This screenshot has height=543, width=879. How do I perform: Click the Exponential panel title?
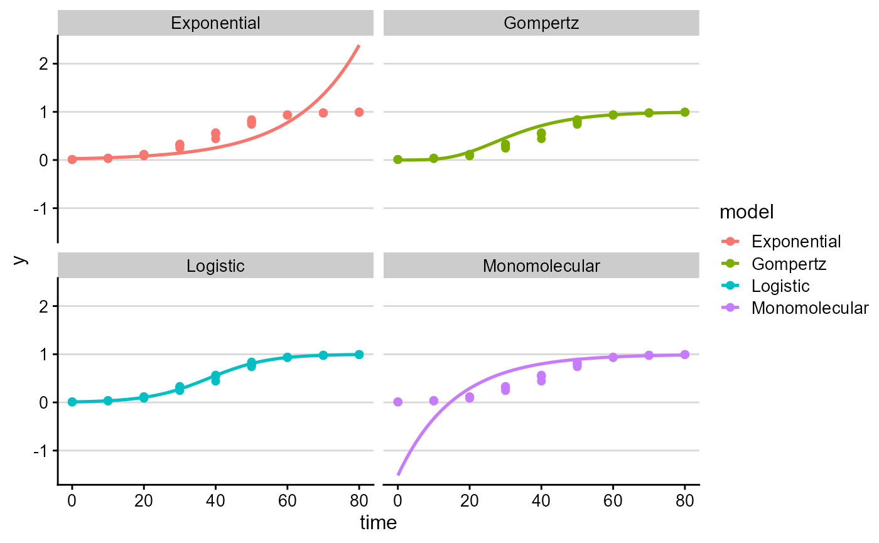215,24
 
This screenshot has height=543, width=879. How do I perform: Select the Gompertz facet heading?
541,24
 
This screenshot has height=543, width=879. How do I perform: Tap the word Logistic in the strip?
215,266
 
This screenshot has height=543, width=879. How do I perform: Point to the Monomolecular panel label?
541,266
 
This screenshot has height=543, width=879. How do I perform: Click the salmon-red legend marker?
730,241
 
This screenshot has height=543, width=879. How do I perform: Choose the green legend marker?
730,263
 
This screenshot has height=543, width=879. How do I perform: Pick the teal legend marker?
730,285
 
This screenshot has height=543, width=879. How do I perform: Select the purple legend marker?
730,308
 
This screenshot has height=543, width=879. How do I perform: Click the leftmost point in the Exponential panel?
72,159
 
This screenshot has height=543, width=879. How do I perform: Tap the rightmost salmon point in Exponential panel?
359,112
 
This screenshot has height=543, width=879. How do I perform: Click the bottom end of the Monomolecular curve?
398,475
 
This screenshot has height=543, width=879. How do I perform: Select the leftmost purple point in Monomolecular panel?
398,402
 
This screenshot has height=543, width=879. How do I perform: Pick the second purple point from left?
434,401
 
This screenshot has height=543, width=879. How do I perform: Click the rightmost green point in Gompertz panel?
685,112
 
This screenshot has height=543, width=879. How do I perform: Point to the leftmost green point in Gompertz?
398,159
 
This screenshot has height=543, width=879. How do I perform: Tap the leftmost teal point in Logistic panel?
72,402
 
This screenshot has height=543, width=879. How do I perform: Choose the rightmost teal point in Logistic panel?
359,354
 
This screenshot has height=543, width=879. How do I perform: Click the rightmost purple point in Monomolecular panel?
685,354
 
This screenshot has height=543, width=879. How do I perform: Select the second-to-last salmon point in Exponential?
323,113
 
